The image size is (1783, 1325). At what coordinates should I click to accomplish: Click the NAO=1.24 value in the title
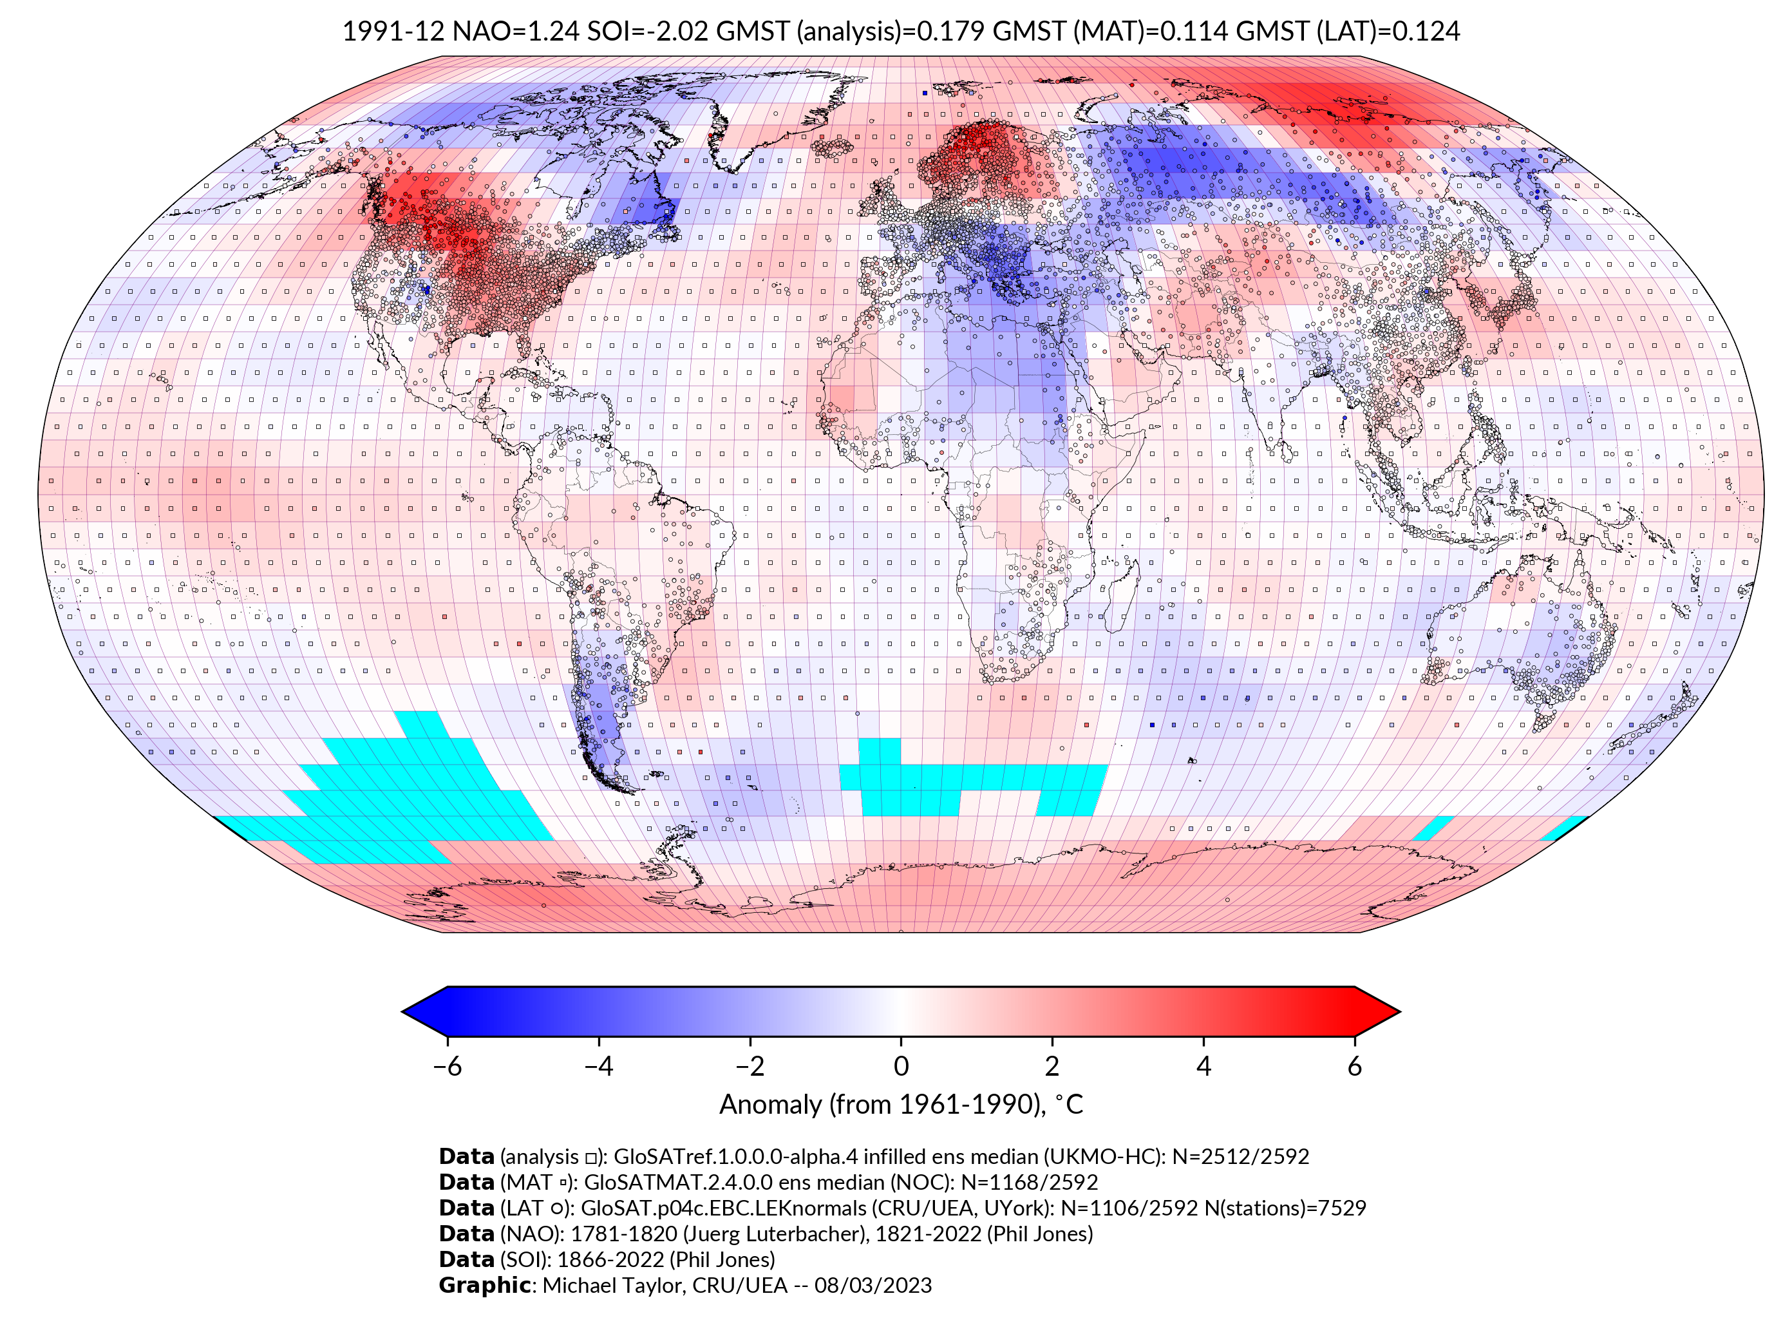(x=516, y=32)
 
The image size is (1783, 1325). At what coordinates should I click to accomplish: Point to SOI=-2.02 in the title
(x=648, y=32)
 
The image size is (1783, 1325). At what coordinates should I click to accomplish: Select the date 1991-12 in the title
(x=393, y=32)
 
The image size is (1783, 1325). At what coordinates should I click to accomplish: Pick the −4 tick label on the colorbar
(x=598, y=1066)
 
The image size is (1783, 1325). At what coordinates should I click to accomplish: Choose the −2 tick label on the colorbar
(x=750, y=1066)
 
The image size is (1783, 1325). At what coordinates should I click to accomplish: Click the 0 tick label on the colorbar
(x=901, y=1066)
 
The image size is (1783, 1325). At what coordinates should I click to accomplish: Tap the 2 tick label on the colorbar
(x=1052, y=1066)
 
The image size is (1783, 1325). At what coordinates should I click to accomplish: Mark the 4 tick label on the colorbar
(x=1203, y=1066)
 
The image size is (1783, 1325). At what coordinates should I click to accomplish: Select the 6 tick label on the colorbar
(x=1355, y=1066)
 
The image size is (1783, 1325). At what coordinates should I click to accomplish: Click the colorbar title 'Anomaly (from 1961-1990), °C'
(x=901, y=1105)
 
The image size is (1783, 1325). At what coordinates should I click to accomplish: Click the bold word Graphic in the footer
(x=484, y=1285)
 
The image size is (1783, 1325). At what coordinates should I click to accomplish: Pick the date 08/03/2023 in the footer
(x=873, y=1285)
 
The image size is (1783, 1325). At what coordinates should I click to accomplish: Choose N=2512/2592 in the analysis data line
(x=1240, y=1157)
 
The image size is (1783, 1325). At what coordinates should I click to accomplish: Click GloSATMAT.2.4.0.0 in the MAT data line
(x=678, y=1182)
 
